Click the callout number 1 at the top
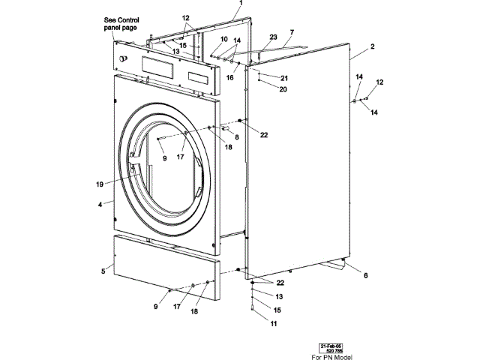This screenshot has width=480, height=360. (241, 4)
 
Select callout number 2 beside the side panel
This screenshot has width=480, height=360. (372, 46)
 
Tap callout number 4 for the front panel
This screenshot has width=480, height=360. (100, 203)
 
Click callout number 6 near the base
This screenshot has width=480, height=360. (366, 276)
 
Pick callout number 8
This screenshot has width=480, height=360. (236, 137)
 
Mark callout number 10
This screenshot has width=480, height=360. (223, 39)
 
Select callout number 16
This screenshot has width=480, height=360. (230, 76)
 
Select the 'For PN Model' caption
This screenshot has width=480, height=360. (332, 356)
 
